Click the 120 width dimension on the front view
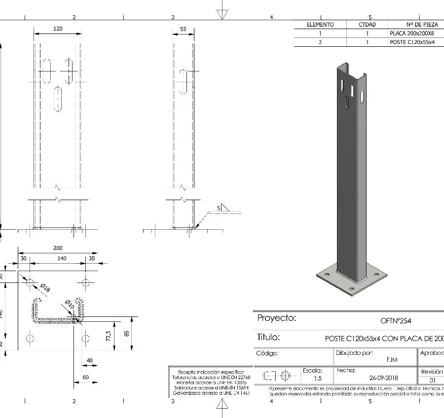point(58,29)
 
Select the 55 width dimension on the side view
point(183,29)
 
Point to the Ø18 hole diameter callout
point(45,288)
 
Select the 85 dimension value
point(127,333)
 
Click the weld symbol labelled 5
point(223,209)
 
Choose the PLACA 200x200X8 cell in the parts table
point(411,34)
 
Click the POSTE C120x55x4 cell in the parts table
point(411,42)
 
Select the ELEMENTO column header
point(320,25)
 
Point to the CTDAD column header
point(368,25)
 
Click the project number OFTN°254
point(396,321)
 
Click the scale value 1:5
point(318,379)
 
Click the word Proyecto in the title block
point(276,318)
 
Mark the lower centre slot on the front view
point(58,99)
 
